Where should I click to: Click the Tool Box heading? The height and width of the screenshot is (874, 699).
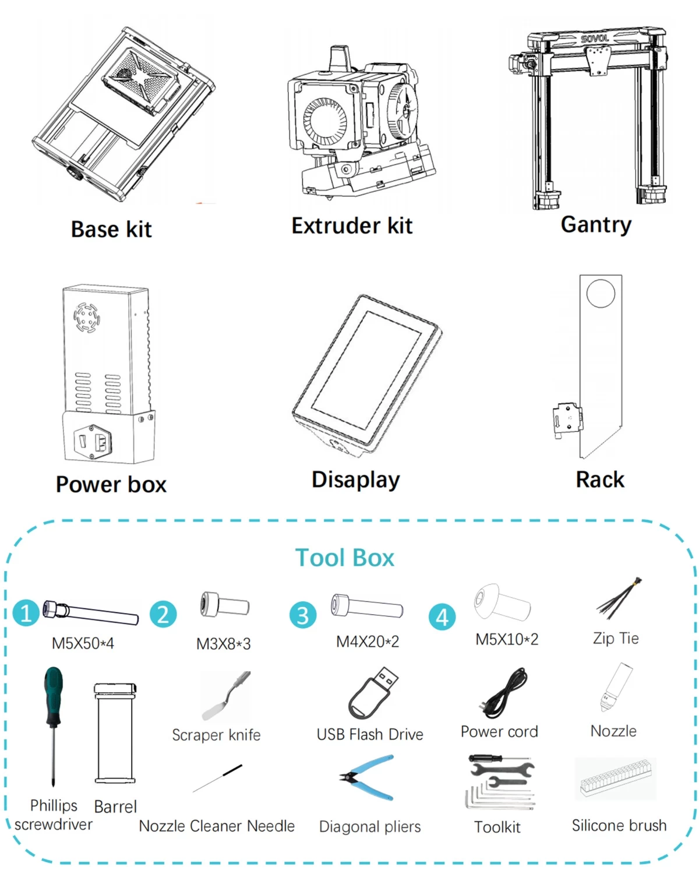coord(344,558)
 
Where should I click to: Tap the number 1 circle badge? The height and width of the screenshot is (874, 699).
coord(26,613)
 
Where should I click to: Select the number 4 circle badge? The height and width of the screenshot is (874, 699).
coord(442,617)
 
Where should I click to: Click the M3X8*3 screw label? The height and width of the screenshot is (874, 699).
coord(223,644)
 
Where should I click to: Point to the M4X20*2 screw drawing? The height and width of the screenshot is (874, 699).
coord(367,605)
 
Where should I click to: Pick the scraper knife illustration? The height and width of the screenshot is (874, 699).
coord(226,695)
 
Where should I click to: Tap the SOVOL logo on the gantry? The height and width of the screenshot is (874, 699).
coord(595,38)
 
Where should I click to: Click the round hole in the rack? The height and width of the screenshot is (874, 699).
coord(601,294)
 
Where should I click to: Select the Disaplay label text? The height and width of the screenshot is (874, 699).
coord(356,480)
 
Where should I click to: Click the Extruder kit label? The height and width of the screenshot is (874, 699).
coord(352,225)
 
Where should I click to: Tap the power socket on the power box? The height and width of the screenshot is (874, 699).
coord(92,441)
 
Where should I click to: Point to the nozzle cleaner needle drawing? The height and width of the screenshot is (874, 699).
coord(217,778)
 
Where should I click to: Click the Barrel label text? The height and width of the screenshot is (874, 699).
coord(115,806)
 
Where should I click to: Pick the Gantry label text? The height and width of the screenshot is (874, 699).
coord(596,224)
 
